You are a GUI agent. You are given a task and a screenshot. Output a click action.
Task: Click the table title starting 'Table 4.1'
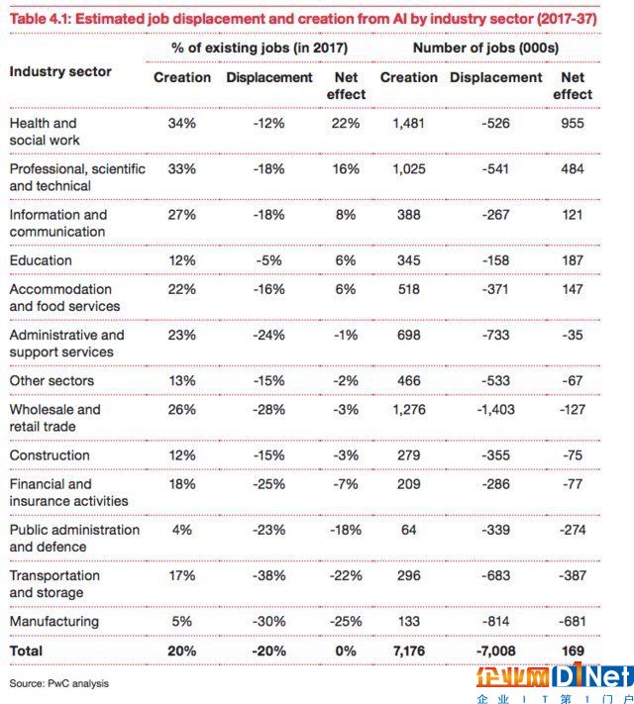click(x=303, y=19)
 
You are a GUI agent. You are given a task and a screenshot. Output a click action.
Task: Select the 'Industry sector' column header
click(x=60, y=71)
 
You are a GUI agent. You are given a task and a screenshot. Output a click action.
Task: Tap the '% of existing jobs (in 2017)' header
click(x=260, y=49)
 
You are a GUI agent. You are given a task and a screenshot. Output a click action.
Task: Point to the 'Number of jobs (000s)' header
click(x=485, y=49)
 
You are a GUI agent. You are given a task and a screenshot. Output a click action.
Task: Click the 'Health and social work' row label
click(x=45, y=132)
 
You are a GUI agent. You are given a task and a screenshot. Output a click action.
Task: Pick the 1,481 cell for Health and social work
click(x=408, y=124)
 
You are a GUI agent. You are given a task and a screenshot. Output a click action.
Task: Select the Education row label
click(x=41, y=260)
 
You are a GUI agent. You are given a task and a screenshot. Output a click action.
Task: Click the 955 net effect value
click(x=572, y=124)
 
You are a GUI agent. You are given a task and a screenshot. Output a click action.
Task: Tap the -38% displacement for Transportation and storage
click(x=268, y=575)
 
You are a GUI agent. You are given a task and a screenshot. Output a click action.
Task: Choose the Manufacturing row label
click(x=53, y=622)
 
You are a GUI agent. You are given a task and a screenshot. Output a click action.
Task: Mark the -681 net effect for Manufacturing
click(x=572, y=622)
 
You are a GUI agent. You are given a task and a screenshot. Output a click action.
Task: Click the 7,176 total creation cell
click(x=408, y=651)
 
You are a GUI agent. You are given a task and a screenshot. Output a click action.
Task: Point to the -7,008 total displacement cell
click(x=495, y=651)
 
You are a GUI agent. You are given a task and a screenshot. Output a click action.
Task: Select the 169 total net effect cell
click(x=573, y=651)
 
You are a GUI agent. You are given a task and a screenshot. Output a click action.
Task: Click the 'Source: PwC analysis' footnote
click(x=58, y=684)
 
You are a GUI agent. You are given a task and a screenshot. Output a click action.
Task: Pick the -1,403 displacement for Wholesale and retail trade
click(x=495, y=410)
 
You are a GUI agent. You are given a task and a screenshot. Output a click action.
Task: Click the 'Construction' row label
click(x=50, y=455)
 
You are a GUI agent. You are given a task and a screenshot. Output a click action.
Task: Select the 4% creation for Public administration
click(x=182, y=530)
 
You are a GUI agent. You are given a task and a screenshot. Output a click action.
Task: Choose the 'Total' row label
click(x=26, y=651)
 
